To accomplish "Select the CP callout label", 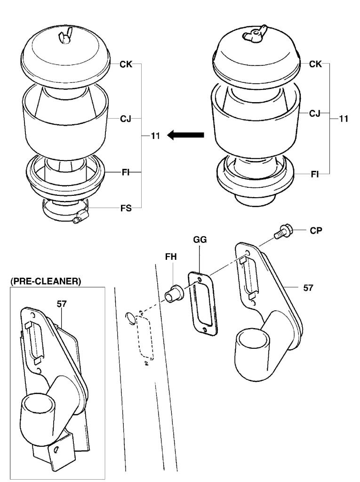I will point(316,232).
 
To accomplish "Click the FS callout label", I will point(126,207).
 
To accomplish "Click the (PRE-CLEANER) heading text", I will point(45,281).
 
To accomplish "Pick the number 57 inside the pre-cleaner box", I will point(62,304).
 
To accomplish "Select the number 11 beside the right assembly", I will point(344,119).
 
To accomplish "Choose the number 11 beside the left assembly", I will point(156,136).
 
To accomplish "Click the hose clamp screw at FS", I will point(81,217).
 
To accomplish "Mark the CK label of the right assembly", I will point(316,64).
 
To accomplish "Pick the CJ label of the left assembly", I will point(126,119).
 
